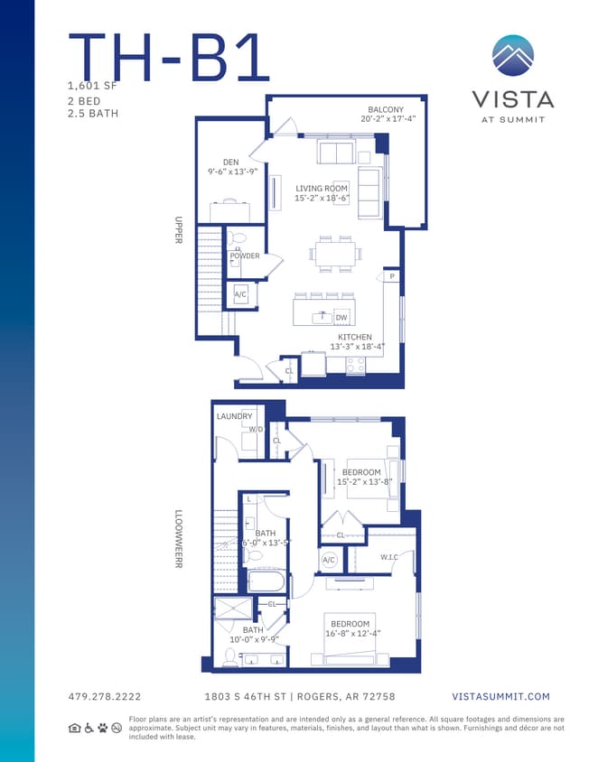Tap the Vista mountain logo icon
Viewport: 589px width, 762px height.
point(512,55)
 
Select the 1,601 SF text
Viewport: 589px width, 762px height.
point(92,86)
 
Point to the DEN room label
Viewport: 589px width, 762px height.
point(231,163)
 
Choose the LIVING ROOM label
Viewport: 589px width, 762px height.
point(322,189)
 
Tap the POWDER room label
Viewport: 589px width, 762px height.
point(245,256)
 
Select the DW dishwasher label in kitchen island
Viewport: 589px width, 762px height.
point(341,318)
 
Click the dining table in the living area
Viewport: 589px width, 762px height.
point(335,254)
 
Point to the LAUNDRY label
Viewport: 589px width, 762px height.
point(234,416)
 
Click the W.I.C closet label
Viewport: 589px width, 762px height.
point(390,557)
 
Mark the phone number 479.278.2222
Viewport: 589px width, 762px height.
point(105,696)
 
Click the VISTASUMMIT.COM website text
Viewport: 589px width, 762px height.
point(500,696)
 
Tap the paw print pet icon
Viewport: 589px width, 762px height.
point(103,728)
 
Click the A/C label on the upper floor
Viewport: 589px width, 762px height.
point(240,295)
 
